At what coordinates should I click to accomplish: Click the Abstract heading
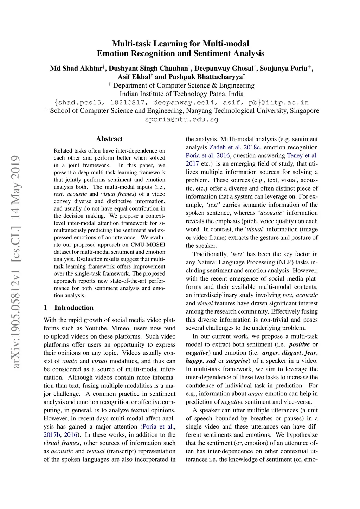click(x=109, y=139)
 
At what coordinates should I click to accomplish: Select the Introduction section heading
click(x=74, y=308)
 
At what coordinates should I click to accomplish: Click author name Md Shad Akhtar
click(x=76, y=68)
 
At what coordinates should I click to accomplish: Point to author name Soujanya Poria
click(x=283, y=68)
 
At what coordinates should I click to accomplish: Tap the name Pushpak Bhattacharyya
click(x=205, y=77)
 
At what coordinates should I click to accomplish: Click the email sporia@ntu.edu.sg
click(x=181, y=119)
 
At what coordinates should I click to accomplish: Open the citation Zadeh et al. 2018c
click(x=234, y=147)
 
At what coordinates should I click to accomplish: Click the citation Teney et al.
click(x=302, y=155)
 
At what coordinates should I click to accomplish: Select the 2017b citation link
click(x=52, y=435)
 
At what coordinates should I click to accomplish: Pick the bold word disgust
click(x=291, y=353)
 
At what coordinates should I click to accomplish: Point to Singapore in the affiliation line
click(x=304, y=111)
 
